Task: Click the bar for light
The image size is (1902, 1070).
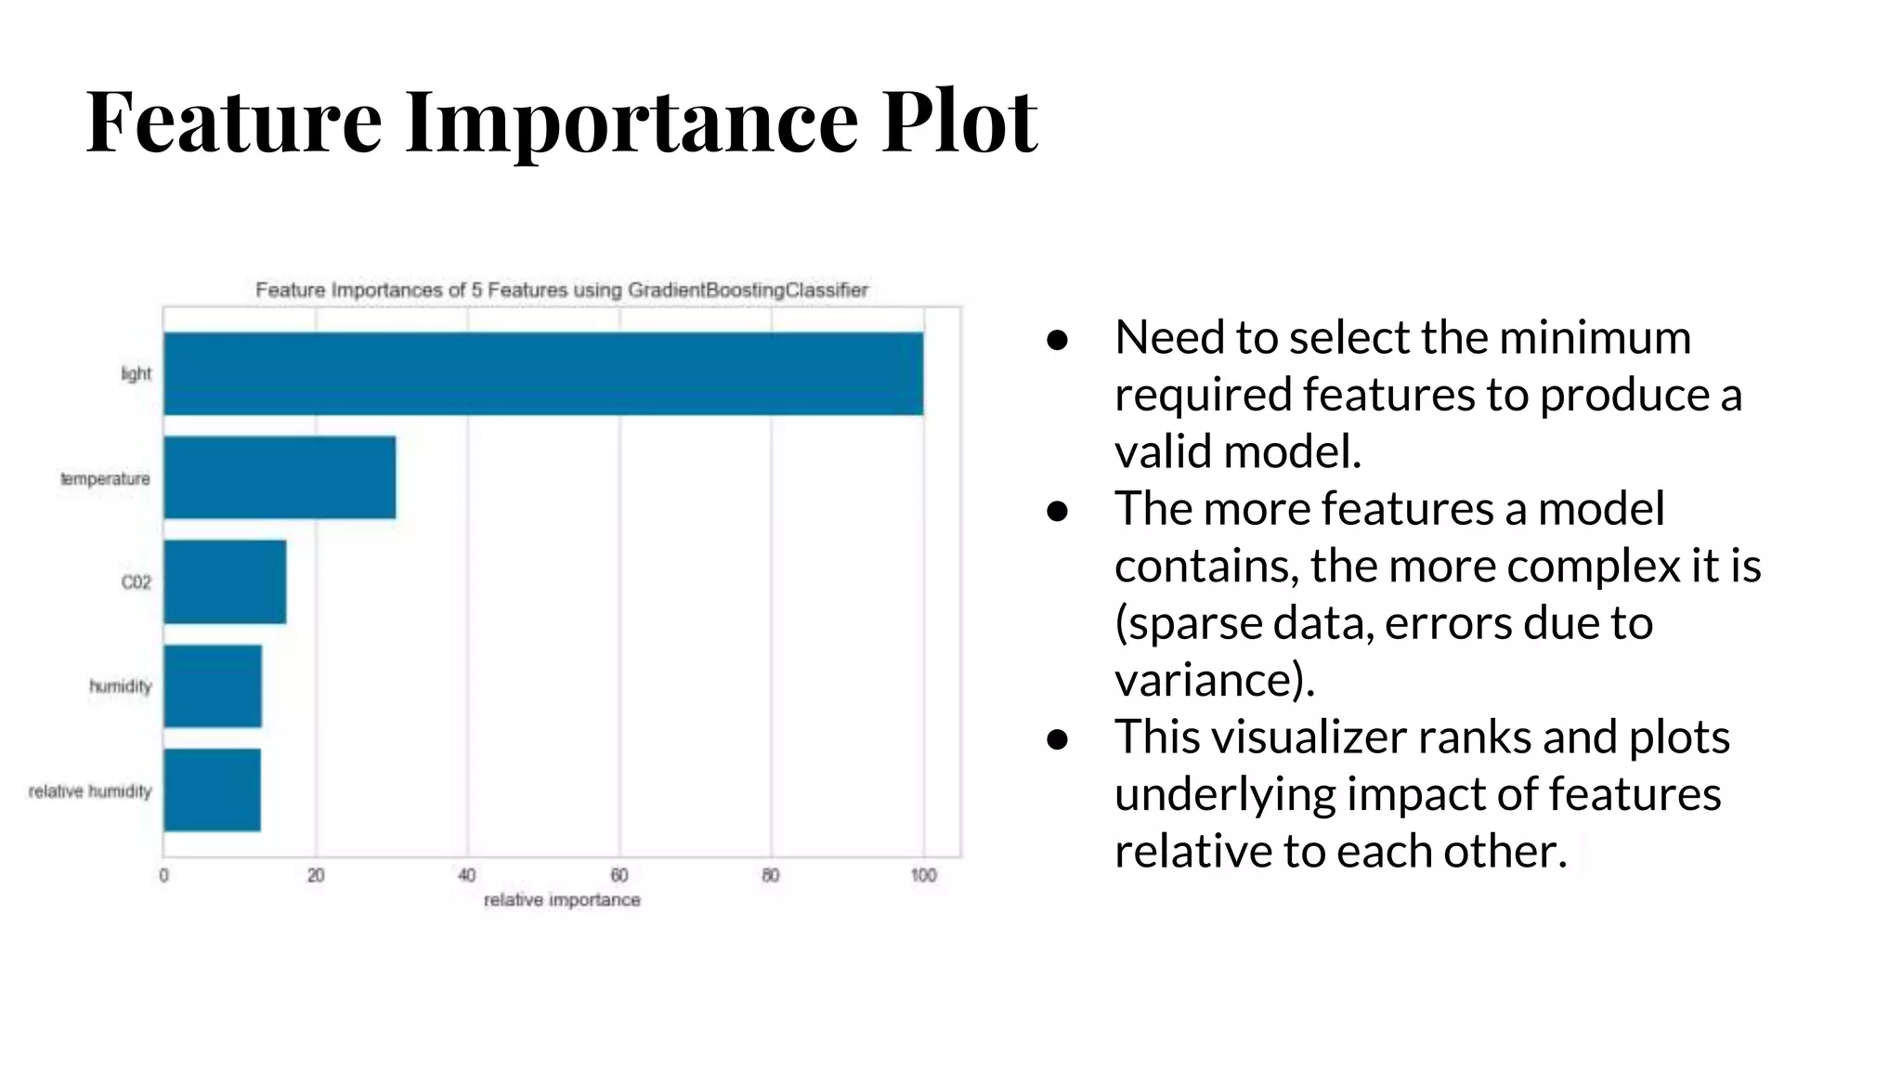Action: (x=543, y=373)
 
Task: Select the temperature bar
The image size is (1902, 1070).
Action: (x=280, y=477)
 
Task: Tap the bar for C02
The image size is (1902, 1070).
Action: (x=225, y=582)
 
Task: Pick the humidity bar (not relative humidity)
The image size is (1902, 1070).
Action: (x=213, y=686)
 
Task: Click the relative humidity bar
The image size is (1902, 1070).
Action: (x=212, y=790)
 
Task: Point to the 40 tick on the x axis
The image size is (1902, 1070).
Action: (x=467, y=875)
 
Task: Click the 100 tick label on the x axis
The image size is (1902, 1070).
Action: (x=923, y=875)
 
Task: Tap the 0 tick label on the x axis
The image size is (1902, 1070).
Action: (x=164, y=875)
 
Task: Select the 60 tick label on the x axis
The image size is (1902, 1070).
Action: (x=619, y=875)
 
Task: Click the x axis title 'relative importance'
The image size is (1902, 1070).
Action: (x=562, y=900)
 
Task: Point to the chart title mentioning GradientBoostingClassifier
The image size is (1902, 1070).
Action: (x=562, y=290)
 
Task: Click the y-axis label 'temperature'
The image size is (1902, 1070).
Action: (x=105, y=479)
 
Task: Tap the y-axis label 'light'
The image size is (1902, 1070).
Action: (x=136, y=374)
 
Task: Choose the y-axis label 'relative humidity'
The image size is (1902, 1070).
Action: (x=90, y=791)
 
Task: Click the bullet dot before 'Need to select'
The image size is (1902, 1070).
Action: (x=1057, y=340)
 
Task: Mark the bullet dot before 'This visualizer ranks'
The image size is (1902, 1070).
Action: (x=1057, y=739)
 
